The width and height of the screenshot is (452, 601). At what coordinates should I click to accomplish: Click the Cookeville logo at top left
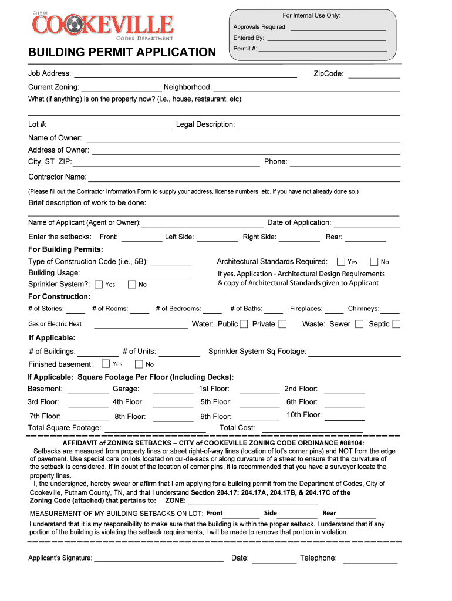(103, 27)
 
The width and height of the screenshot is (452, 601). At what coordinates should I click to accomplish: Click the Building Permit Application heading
(122, 53)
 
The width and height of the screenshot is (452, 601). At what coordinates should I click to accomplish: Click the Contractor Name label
(58, 177)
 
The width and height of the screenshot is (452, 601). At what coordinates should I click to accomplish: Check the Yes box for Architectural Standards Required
(340, 262)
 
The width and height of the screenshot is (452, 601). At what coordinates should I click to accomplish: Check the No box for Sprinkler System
(132, 285)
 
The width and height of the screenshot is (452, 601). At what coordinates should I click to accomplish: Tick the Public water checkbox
(244, 324)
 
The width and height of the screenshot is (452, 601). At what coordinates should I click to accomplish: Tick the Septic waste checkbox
(396, 324)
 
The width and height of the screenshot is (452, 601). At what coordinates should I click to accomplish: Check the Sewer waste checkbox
(359, 324)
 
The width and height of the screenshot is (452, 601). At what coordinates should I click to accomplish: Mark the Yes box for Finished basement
(106, 364)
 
